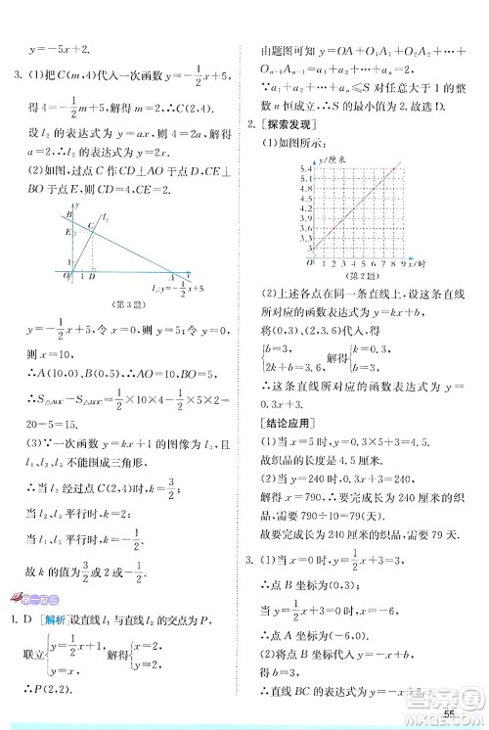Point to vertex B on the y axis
[68, 213]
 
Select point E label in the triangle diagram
[68, 233]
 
